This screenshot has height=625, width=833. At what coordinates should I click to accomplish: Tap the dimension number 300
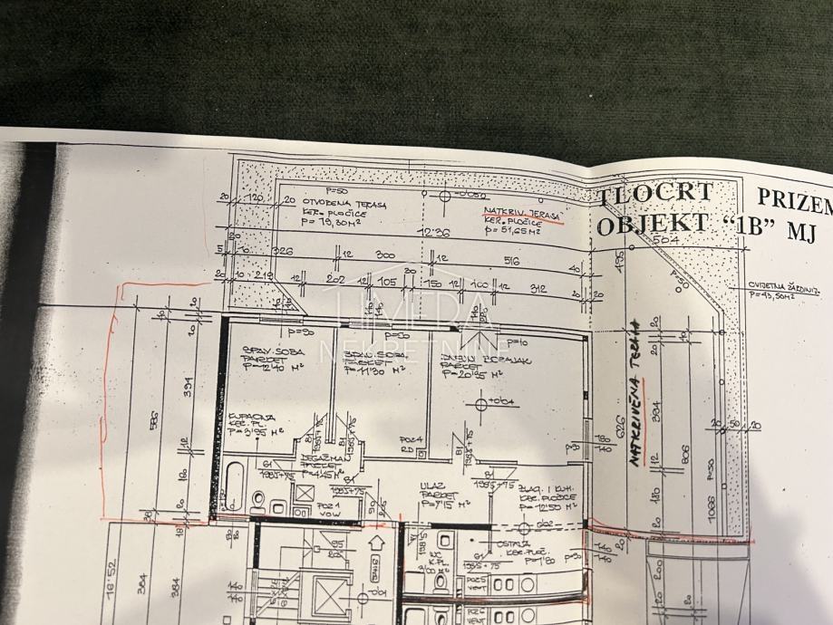[x=385, y=256]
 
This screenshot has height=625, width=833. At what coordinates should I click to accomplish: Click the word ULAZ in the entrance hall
[x=431, y=486]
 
